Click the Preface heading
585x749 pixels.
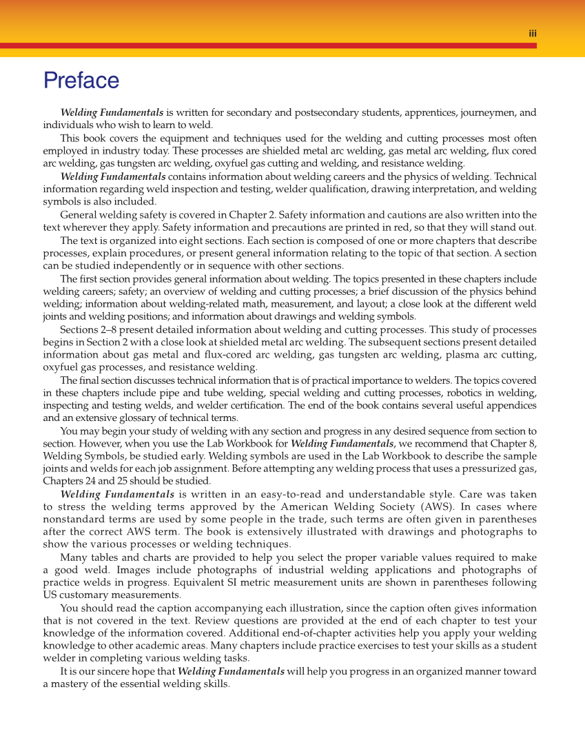81,81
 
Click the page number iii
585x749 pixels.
533,33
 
